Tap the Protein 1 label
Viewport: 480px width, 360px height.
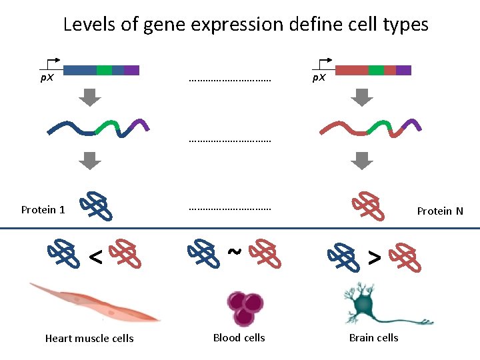(43, 210)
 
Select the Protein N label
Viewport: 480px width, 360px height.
(439, 211)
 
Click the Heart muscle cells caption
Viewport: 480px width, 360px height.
(89, 339)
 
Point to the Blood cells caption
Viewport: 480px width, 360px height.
(239, 338)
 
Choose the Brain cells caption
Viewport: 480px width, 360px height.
(373, 338)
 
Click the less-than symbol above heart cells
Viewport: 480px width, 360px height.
(95, 256)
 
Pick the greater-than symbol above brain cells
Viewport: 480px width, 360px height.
(375, 256)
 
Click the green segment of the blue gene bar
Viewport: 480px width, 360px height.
(104, 70)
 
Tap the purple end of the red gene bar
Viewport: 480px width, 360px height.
(403, 70)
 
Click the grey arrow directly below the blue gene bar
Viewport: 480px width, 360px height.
(89, 97)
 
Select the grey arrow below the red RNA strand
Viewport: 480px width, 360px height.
(361, 161)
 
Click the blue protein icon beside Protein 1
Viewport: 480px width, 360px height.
(96, 206)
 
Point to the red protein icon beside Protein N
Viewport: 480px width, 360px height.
(369, 206)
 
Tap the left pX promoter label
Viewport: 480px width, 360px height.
(46, 78)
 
